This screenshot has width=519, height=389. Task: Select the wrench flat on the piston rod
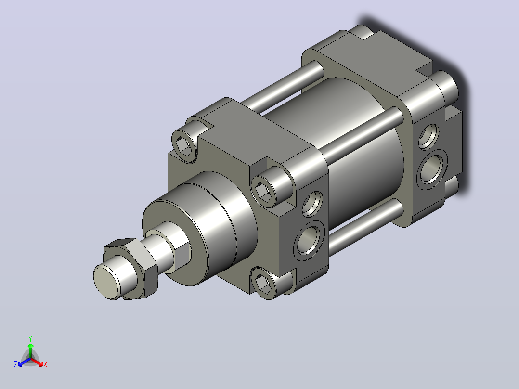pos(182,255)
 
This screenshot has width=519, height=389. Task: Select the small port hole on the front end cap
pos(312,203)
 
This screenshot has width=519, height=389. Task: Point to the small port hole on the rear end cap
pos(428,136)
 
